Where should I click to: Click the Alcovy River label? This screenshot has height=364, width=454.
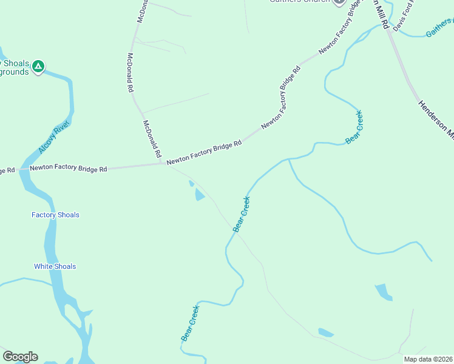[x=55, y=136]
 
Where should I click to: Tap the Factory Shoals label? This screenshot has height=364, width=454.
[x=55, y=215]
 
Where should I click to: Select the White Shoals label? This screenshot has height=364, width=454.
[x=55, y=266]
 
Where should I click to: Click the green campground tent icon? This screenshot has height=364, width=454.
[x=38, y=66]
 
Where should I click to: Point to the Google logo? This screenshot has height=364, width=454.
[x=20, y=357]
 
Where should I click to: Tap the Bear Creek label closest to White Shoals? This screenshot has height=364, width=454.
[x=190, y=322]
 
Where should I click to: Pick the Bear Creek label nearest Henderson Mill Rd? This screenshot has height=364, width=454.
[x=354, y=126]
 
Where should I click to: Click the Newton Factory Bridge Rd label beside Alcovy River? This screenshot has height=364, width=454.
[x=68, y=167]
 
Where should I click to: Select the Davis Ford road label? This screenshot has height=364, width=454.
[x=403, y=19]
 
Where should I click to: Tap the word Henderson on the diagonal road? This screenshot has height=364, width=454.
[x=433, y=116]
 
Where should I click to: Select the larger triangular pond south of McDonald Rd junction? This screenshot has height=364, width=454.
[x=199, y=195]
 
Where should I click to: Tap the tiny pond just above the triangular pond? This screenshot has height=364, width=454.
[x=191, y=183]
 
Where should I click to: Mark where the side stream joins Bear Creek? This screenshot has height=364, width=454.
[x=288, y=160]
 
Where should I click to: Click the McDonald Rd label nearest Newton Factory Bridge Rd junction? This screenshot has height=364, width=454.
[x=152, y=138]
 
